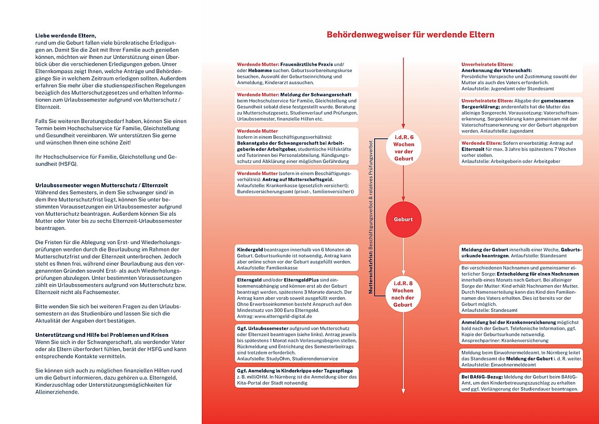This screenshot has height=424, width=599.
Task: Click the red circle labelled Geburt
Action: [x=404, y=219]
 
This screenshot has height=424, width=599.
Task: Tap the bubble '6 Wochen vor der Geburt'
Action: [x=404, y=148]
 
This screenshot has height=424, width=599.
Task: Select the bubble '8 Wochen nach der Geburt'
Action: [x=404, y=294]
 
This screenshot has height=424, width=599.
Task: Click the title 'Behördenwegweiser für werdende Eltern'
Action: [x=410, y=35]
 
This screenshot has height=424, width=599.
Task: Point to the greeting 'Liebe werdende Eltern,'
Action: [x=66, y=35]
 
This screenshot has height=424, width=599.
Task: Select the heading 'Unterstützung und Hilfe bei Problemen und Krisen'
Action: [x=102, y=335]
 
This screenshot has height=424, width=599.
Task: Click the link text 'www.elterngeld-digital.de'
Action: [x=284, y=317]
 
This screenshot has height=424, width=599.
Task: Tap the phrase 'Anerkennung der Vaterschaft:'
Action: [x=497, y=70]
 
